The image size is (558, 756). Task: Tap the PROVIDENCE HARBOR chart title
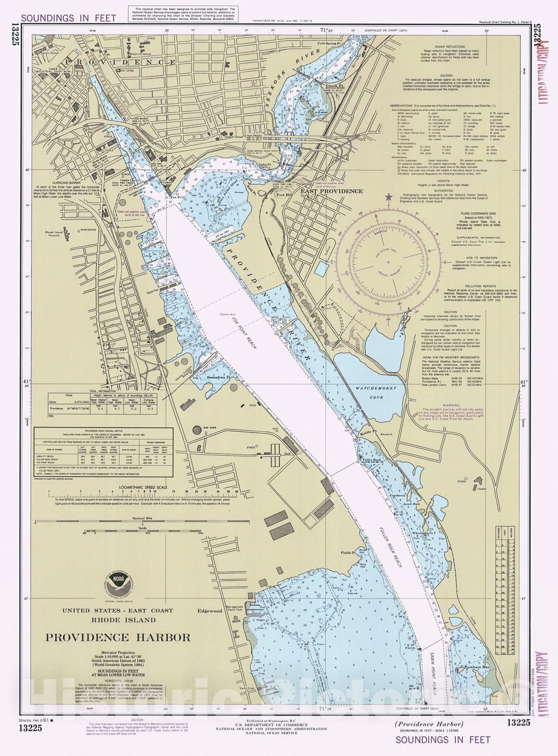[118, 637]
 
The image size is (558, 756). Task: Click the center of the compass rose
[389, 261]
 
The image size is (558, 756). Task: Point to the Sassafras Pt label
[218, 378]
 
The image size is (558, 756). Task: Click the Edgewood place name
[209, 611]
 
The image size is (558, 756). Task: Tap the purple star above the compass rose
[389, 197]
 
